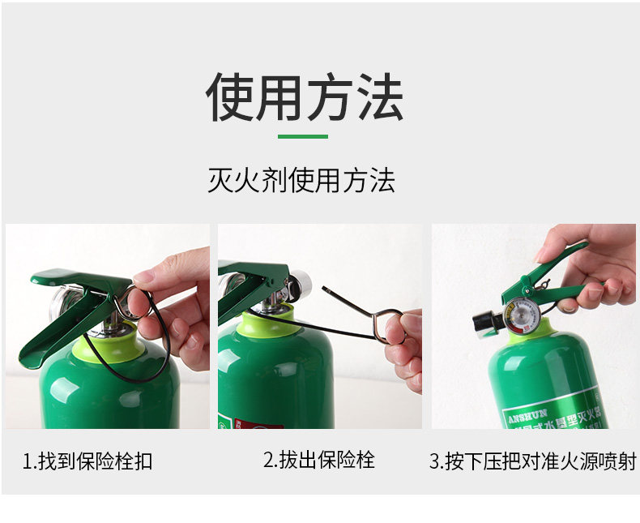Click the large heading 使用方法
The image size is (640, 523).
tap(304, 96)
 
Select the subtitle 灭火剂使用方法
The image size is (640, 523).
tap(301, 180)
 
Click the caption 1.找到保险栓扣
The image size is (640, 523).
tap(87, 462)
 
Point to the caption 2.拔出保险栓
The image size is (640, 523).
tap(318, 461)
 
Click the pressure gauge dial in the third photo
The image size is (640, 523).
tap(519, 315)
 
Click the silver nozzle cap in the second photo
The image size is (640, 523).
tap(301, 283)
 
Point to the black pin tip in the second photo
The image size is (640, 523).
tap(326, 289)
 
